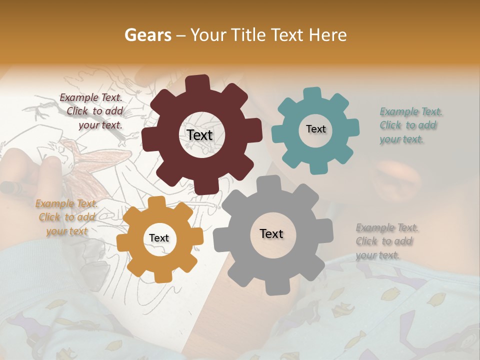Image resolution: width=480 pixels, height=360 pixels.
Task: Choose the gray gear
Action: coord(235,260)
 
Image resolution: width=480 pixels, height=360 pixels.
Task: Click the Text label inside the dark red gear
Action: coord(199,135)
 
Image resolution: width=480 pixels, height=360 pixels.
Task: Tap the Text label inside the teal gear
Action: coord(315,129)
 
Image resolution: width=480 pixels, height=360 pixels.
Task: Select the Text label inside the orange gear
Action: coord(159,238)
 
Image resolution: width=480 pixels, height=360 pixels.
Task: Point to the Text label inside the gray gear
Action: coord(271,233)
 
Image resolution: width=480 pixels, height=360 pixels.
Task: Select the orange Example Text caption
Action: coord(66,217)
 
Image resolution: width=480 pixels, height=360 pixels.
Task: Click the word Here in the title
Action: coord(329,35)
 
